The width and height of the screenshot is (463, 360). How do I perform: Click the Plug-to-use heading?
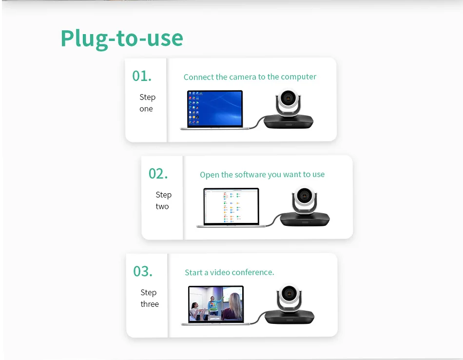[122, 39]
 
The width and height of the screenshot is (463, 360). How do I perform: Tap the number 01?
[142, 76]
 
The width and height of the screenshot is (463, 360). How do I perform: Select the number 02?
[158, 174]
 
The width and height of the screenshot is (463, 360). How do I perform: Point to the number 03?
[143, 271]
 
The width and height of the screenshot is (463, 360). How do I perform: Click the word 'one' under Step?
[146, 109]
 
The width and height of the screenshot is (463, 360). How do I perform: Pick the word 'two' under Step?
[162, 206]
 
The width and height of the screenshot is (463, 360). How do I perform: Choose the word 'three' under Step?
[150, 304]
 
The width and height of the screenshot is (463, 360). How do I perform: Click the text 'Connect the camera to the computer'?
[250, 77]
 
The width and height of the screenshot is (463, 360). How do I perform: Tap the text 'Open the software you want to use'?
[262, 175]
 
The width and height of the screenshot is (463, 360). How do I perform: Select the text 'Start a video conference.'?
[230, 272]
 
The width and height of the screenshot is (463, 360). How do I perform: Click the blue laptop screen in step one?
[215, 108]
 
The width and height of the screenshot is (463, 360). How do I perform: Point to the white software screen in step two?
[231, 206]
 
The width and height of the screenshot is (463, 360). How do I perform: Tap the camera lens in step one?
[287, 97]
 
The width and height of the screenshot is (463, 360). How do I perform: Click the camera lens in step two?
[304, 195]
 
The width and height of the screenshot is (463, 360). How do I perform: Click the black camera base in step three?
[289, 317]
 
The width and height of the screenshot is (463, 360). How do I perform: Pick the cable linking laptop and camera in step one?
[256, 122]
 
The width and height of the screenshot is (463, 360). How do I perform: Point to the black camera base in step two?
[305, 220]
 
